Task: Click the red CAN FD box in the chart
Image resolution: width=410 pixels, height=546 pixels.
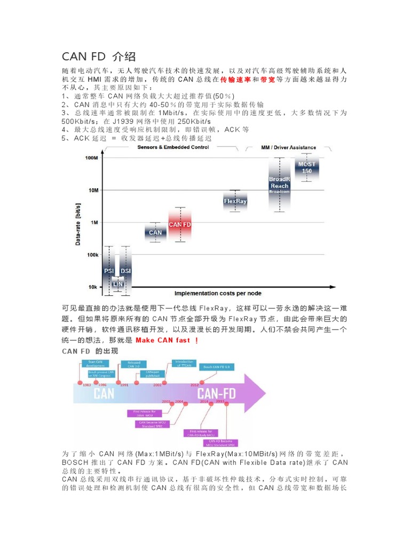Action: [x=180, y=224]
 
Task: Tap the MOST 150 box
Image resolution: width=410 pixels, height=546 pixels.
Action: [x=307, y=167]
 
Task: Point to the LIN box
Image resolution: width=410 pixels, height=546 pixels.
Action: [x=117, y=284]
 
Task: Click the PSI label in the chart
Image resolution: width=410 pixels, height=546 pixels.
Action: [x=109, y=271]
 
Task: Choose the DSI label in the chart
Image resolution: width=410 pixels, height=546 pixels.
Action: [x=125, y=271]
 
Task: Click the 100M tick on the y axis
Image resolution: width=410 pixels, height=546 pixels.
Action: [x=91, y=158]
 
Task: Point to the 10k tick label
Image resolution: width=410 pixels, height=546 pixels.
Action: [x=92, y=287]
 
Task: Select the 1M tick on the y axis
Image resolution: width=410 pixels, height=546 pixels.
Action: [x=93, y=222]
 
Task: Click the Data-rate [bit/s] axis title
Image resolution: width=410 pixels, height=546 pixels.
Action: [x=78, y=223]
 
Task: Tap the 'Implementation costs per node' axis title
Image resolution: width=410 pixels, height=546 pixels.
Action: [x=218, y=293]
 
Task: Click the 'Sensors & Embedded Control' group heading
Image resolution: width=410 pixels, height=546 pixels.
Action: [x=173, y=147]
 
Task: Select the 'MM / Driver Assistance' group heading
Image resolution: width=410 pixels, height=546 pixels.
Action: [x=288, y=147]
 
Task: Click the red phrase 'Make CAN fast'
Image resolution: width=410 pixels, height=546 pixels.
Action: [x=166, y=340]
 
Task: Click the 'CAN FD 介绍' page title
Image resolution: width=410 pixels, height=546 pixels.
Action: [x=99, y=57]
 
